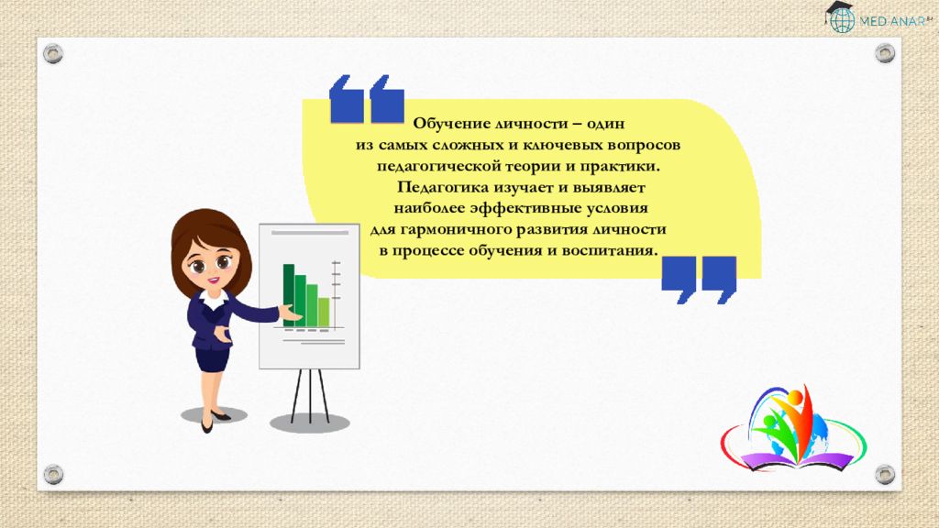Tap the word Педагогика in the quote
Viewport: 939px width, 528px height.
(x=436, y=187)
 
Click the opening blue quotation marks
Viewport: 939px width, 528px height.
(x=366, y=99)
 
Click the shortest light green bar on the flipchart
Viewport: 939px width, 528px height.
(x=323, y=312)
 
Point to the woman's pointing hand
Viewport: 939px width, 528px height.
(x=291, y=313)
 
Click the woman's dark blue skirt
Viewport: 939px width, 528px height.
(x=211, y=357)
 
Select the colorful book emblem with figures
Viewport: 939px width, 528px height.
(x=792, y=430)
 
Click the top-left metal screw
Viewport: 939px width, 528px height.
(x=54, y=53)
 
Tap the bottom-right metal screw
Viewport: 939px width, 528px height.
(x=884, y=474)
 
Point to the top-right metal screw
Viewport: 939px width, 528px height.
(x=884, y=53)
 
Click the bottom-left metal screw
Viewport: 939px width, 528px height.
(x=54, y=474)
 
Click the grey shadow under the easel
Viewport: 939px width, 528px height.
(x=310, y=423)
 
